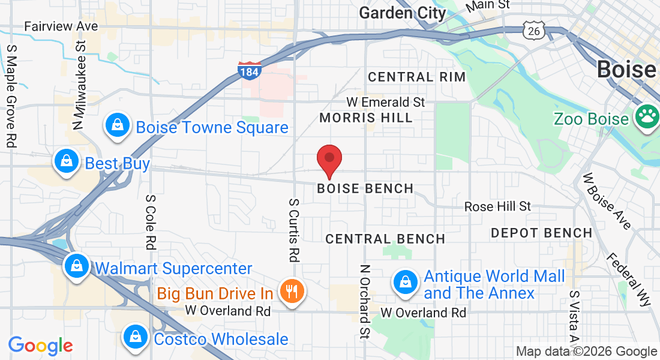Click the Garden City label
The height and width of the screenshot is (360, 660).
(403, 13)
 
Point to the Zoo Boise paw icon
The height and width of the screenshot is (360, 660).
(647, 118)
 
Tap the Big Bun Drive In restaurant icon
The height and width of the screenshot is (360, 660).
(293, 292)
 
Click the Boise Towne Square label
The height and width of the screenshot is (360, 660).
(212, 127)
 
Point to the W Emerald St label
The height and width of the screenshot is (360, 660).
(386, 102)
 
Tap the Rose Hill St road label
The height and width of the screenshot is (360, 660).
(497, 206)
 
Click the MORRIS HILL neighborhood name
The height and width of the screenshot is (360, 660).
(366, 118)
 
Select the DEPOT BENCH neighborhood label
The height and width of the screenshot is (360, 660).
(541, 232)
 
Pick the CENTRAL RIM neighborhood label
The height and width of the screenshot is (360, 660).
(416, 77)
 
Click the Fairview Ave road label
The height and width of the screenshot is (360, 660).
(61, 26)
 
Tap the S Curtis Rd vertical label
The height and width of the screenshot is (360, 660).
(293, 230)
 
